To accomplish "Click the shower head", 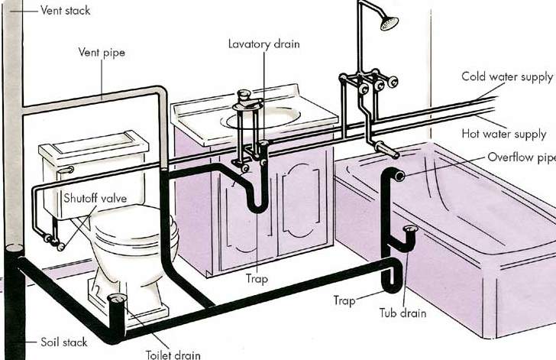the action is [x=390, y=24].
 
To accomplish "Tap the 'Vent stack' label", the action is [x=65, y=10].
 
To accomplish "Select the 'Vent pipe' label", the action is [x=102, y=53].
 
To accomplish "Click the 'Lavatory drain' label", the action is [x=263, y=44].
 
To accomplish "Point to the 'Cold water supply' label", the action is [x=507, y=77].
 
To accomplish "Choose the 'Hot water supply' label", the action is [x=504, y=135].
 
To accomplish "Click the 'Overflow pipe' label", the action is [x=521, y=157].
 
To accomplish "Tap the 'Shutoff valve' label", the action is [x=95, y=198].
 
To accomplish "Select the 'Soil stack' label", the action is [x=64, y=342].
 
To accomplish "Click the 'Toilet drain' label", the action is [x=173, y=355].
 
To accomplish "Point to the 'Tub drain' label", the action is [x=402, y=313].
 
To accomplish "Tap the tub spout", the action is [x=386, y=149].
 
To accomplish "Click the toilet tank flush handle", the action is [x=66, y=170].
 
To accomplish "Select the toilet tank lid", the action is [x=94, y=145].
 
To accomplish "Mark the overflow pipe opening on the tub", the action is [x=399, y=176].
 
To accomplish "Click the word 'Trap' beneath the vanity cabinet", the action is [x=257, y=279].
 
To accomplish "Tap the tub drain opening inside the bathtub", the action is [x=410, y=229].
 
